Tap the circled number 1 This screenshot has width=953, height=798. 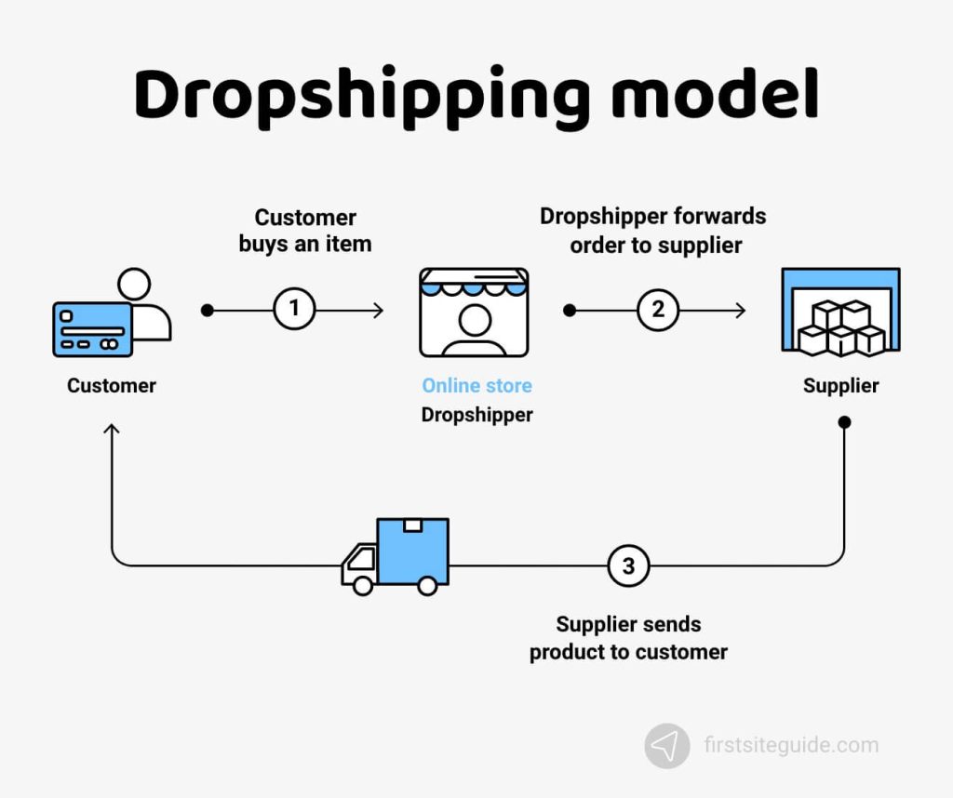[295, 310]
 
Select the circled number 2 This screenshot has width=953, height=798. [658, 310]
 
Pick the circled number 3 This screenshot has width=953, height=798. [628, 565]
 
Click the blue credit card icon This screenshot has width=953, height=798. [92, 329]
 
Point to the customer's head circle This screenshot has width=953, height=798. [135, 285]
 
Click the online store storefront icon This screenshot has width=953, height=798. [474, 313]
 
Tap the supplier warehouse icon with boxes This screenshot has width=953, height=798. [840, 313]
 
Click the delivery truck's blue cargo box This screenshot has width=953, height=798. [412, 552]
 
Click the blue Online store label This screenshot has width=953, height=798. [476, 385]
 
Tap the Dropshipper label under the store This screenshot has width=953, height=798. [476, 415]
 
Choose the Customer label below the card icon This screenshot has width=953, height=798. [112, 385]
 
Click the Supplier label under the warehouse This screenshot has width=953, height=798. [840, 385]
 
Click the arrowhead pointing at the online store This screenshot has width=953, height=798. [378, 310]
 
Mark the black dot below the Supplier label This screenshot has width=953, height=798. [844, 422]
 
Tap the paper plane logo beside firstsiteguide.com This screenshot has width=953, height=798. [667, 746]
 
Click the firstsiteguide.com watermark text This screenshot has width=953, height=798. [790, 745]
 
